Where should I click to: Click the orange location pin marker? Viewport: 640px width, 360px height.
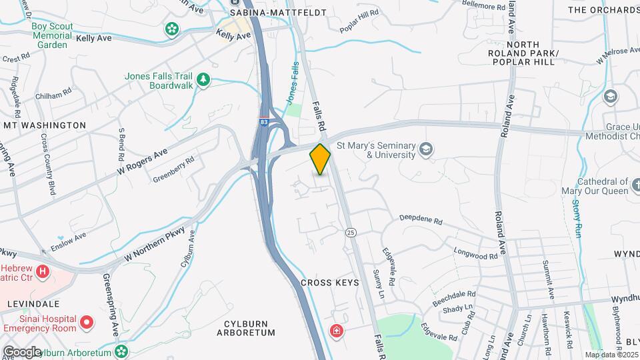click(x=320, y=159)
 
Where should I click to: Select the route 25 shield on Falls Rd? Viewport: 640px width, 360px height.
click(x=350, y=232)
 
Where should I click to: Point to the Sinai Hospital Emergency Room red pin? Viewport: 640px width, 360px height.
click(x=86, y=323)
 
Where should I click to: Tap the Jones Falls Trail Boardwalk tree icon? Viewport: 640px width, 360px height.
click(x=204, y=81)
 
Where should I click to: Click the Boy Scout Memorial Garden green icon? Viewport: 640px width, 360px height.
click(x=173, y=29)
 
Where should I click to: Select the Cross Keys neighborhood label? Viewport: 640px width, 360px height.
click(x=329, y=283)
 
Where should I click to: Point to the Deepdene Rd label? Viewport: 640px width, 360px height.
click(x=421, y=219)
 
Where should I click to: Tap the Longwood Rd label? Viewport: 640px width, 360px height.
click(x=476, y=253)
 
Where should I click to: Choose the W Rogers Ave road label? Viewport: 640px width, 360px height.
click(x=141, y=163)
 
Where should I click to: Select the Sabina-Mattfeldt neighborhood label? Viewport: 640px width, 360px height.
click(x=269, y=13)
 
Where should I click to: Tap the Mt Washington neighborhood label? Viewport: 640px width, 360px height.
click(x=45, y=125)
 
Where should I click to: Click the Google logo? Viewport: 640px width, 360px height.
click(x=21, y=351)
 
